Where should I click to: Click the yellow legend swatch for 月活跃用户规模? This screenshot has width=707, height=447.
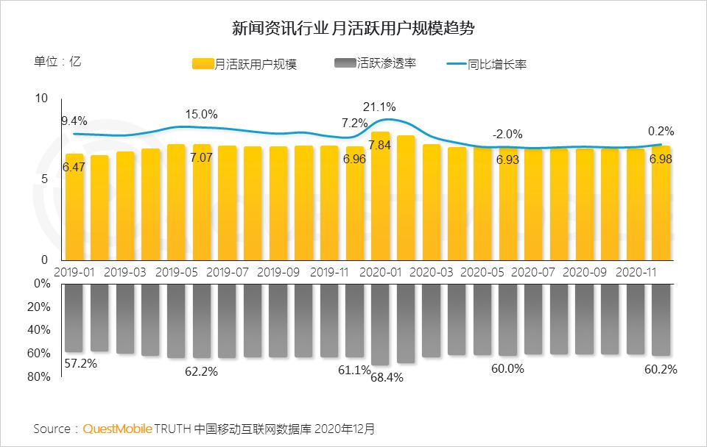(203, 64)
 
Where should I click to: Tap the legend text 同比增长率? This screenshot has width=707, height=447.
(496, 65)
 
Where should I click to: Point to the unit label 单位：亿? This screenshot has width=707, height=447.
(57, 62)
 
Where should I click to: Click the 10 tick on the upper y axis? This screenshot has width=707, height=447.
(41, 99)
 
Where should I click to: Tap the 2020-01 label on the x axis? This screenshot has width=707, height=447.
(381, 272)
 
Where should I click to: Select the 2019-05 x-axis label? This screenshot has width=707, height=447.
(177, 272)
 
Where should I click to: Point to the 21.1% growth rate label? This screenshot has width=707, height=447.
(380, 107)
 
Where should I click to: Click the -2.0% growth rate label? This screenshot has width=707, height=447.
(507, 135)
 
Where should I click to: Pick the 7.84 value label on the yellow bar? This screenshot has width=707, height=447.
(380, 145)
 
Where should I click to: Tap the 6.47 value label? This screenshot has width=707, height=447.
(74, 168)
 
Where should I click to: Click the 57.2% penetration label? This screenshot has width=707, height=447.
(80, 363)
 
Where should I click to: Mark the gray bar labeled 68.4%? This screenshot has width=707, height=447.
(380, 323)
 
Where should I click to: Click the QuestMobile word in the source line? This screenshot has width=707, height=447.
(118, 428)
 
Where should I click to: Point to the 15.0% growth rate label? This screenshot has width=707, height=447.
(201, 114)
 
